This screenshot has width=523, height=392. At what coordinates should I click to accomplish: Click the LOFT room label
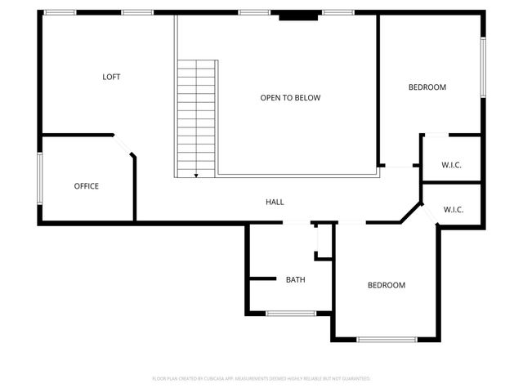point(111,78)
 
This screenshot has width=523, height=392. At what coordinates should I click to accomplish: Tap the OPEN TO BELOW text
point(290,98)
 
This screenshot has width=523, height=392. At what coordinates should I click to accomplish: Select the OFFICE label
point(87,186)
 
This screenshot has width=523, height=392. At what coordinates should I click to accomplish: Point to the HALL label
point(275,202)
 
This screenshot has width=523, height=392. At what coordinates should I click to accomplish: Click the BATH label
point(295,280)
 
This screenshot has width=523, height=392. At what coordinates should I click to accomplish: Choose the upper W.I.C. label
point(451,166)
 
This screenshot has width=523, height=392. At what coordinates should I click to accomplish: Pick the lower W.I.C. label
point(454,210)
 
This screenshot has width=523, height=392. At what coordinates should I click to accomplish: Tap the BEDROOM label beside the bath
point(386,285)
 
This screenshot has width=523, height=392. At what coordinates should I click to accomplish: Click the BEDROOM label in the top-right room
point(427,87)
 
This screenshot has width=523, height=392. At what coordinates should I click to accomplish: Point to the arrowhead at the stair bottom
point(196,174)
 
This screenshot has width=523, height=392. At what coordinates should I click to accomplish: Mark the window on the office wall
point(39,178)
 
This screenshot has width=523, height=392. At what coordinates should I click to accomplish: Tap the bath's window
point(291,313)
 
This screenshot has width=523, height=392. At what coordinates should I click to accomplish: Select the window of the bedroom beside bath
point(387,339)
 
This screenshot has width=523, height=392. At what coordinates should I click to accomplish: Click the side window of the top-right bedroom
point(482,65)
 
